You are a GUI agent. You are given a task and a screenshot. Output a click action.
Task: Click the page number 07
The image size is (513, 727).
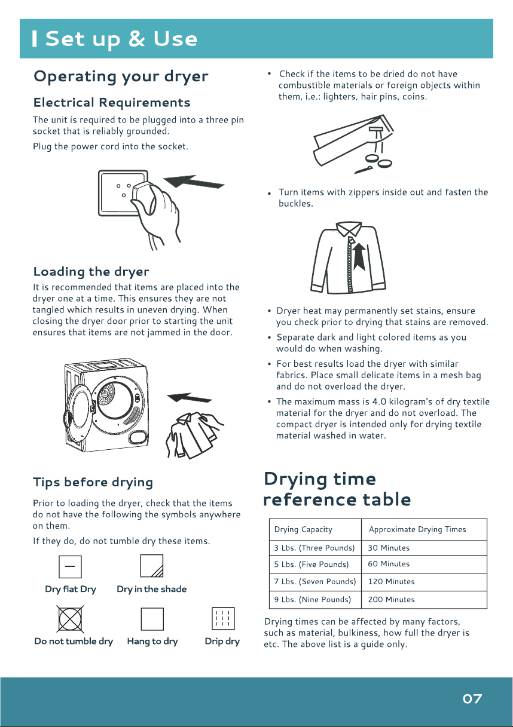pos(472,698)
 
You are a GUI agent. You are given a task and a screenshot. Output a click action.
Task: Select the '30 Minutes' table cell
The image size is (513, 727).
pos(424,548)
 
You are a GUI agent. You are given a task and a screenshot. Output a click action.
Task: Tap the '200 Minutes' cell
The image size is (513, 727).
pos(424,599)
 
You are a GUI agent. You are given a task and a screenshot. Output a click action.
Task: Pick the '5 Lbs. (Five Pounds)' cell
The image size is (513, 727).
pos(315,565)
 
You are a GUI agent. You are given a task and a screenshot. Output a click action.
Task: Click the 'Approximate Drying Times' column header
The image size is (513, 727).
pos(424,529)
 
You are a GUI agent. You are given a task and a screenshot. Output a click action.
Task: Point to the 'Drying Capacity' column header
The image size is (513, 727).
pos(315,529)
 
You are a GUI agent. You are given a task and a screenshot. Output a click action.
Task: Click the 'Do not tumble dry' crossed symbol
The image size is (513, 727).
pos(70,619)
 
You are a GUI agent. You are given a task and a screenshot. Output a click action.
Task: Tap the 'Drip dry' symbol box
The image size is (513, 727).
pos(223,619)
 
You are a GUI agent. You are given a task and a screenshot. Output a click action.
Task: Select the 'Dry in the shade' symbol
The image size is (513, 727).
pos(152,566)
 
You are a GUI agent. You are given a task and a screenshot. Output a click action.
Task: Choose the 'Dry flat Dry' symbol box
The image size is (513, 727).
pos(70,567)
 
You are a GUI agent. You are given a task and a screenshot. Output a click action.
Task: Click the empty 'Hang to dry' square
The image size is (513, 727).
pos(152,619)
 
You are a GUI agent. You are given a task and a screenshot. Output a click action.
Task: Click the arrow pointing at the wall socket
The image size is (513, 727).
pos(194,182)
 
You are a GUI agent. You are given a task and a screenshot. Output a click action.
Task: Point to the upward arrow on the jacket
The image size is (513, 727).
pos(359,257)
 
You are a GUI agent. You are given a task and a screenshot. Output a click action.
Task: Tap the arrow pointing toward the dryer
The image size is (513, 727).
pos(190,397)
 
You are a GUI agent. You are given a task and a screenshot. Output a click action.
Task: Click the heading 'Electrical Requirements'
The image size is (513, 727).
pos(112,103)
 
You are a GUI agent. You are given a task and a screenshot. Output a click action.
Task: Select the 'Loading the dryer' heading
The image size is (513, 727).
pos(91,272)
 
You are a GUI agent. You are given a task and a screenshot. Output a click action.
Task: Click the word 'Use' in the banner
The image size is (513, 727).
pos(175,39)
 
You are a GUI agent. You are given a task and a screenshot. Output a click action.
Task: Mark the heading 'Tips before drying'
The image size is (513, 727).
pos(93,483)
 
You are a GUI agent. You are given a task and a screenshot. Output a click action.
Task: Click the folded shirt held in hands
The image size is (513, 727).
pos(194,435)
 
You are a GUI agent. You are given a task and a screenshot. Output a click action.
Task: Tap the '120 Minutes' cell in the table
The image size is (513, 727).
pos(424,582)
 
